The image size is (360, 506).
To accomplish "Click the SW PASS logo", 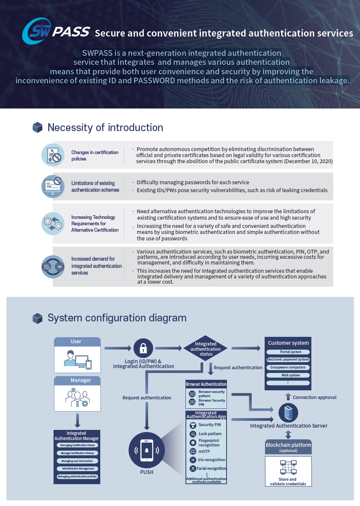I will (x=56, y=31).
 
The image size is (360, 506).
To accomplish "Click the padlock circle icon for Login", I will (x=143, y=348).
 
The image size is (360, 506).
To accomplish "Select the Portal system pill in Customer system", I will (x=288, y=352).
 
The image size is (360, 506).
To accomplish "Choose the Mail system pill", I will (x=288, y=375).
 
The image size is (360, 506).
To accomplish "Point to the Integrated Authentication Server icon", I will (x=288, y=413).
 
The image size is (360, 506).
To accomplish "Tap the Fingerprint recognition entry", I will (x=208, y=443).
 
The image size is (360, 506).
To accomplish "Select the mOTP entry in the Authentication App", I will (x=204, y=451).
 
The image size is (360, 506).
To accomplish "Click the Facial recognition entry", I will (x=211, y=469).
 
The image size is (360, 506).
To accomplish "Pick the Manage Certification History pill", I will (x=77, y=453).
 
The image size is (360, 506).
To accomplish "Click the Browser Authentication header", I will (x=206, y=384).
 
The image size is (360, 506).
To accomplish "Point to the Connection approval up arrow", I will (x=288, y=397).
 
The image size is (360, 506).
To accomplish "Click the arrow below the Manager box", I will (x=77, y=420).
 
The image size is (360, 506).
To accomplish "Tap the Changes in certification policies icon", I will (x=53, y=155).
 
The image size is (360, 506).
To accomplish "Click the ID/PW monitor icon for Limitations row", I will (x=53, y=186).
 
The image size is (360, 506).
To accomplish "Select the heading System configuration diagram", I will (x=117, y=318).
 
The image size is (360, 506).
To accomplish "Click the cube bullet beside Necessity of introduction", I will (x=38, y=128).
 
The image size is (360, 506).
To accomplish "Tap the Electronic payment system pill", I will (x=288, y=359).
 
